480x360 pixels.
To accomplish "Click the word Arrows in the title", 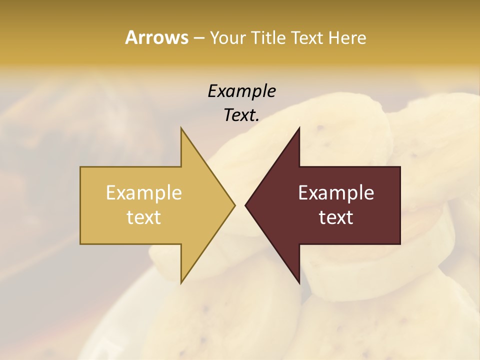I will tap(156, 37).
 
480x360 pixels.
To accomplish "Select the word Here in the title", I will tap(347, 37).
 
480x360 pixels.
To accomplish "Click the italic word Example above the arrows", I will tap(241, 91).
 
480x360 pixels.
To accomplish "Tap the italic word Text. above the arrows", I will tap(241, 115).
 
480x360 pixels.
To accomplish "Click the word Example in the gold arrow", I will tap(144, 192).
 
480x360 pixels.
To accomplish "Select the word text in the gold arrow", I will tap(144, 217).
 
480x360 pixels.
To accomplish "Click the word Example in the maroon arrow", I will tap(336, 192).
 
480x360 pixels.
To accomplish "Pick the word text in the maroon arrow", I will tap(336, 217).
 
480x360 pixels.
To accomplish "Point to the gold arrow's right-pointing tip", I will tap(234, 205).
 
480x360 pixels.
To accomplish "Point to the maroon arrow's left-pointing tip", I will tap(246, 205).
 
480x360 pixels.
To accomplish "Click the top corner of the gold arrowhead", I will tap(181, 128).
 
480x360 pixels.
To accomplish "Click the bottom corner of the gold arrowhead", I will tap(181, 282).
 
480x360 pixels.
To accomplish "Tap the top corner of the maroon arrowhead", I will tap(299, 128).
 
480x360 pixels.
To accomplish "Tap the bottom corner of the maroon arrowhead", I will tap(299, 282).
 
